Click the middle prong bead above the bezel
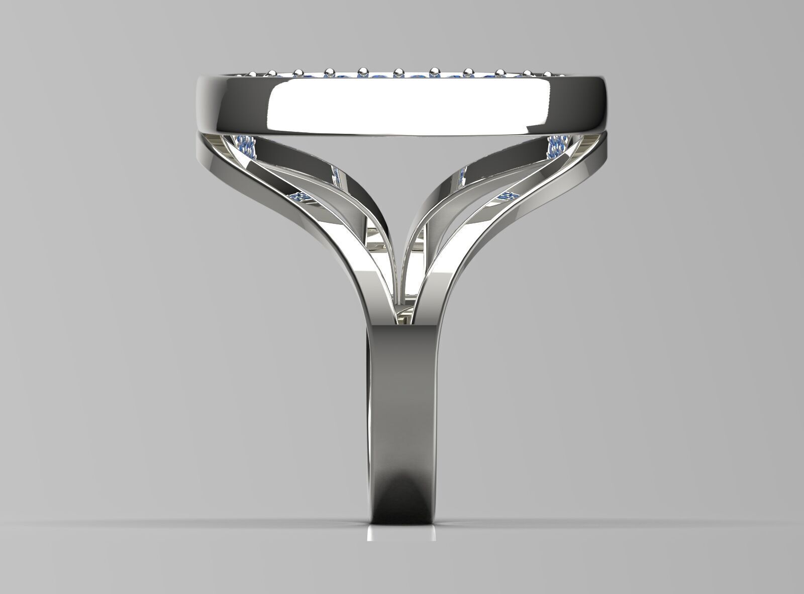(x=398, y=71)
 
